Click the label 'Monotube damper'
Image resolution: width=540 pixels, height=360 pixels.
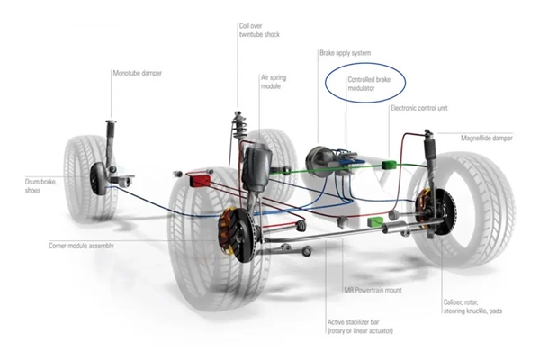[138, 72]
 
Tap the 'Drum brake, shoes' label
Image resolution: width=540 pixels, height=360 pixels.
[23, 185]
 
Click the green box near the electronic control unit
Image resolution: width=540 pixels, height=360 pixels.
[390, 165]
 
